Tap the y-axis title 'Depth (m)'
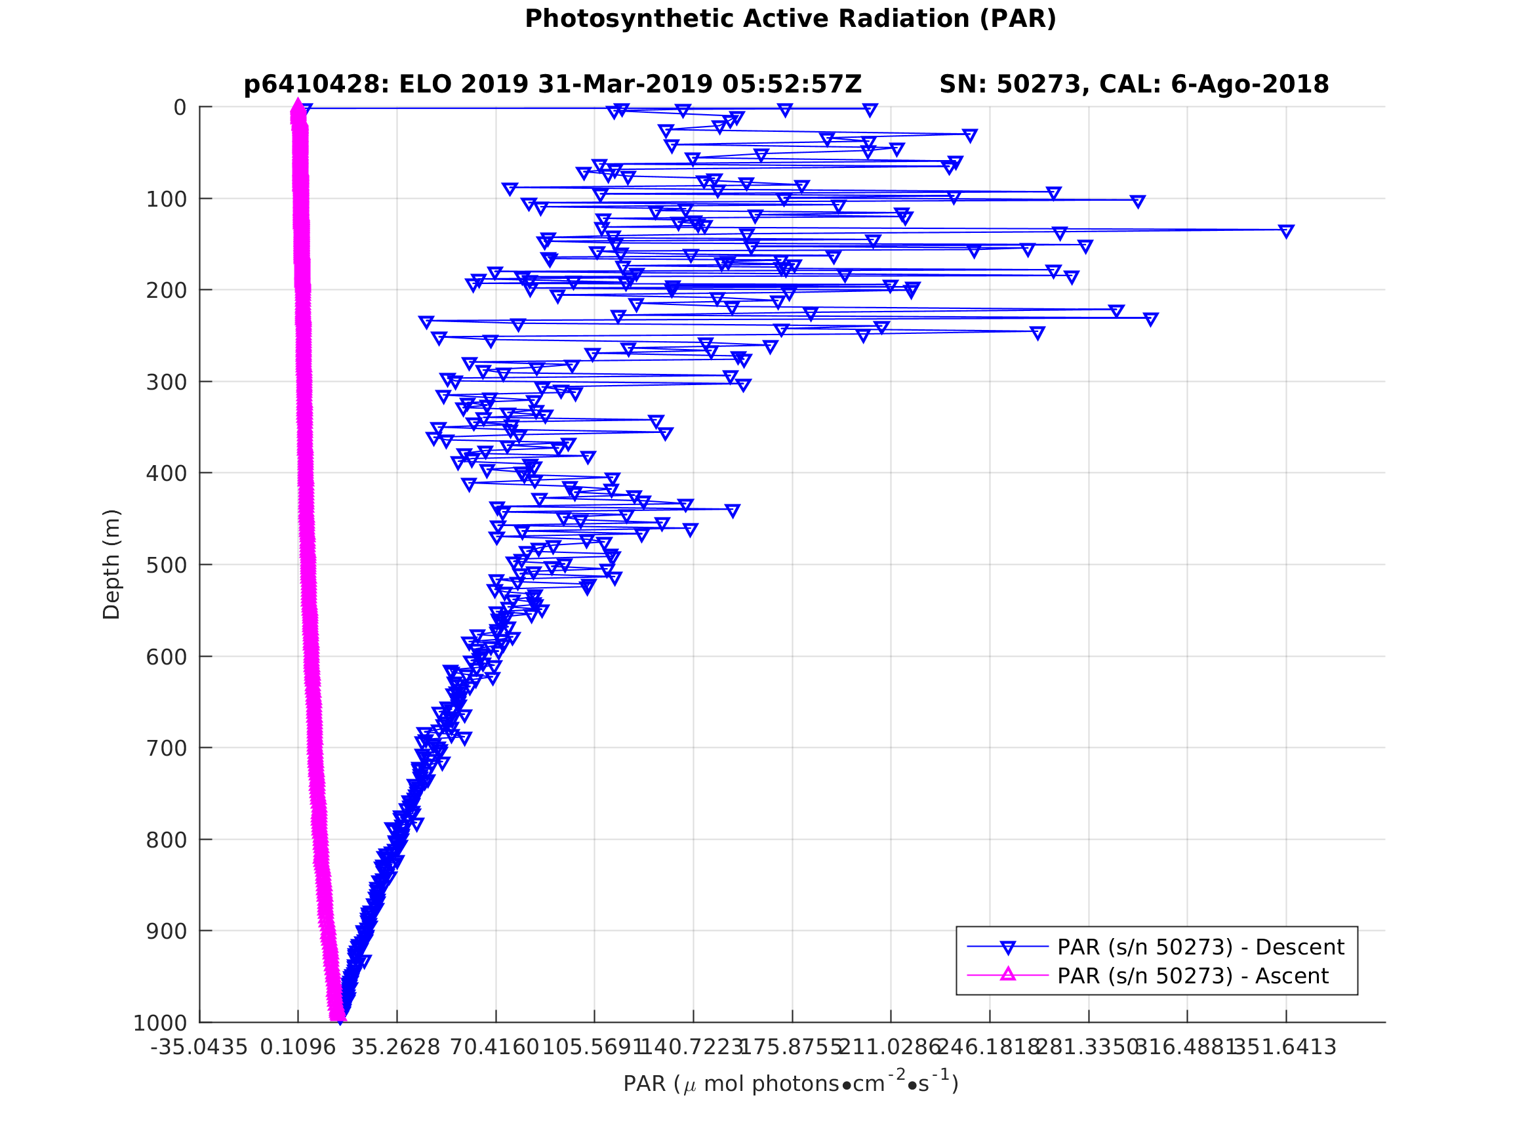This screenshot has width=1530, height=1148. (111, 565)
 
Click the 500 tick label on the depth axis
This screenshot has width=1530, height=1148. (166, 565)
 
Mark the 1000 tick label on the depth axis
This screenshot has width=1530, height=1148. (160, 1023)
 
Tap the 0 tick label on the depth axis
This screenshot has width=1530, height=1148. (180, 108)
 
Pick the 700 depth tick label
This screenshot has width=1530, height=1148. (166, 748)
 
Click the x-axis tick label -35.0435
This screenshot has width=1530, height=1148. (199, 1048)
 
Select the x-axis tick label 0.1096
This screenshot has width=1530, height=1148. (298, 1048)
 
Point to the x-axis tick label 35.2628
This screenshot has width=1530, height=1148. (395, 1048)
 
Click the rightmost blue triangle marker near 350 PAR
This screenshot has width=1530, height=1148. (1286, 231)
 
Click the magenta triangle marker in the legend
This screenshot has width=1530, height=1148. (1008, 975)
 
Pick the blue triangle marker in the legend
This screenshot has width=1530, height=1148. (1008, 947)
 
